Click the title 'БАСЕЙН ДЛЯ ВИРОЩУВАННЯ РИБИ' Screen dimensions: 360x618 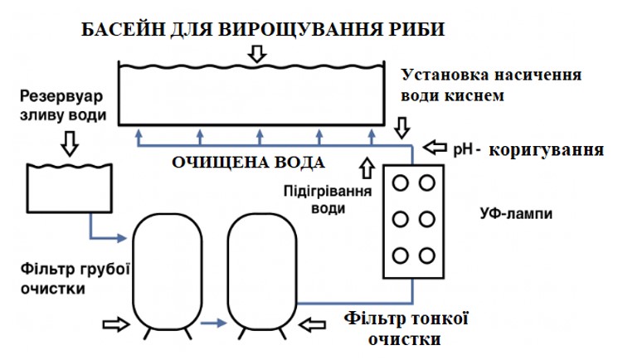point(264,29)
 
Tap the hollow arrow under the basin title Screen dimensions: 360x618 point(258,54)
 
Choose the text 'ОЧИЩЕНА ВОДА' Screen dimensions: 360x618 point(247,161)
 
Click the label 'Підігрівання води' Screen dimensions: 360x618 point(328,199)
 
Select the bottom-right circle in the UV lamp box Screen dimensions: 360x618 point(428,255)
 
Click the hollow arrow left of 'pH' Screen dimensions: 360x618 point(436,148)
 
